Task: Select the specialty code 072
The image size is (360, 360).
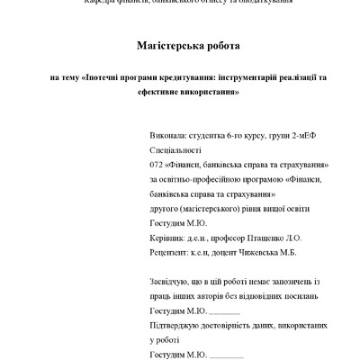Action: [157, 166]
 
